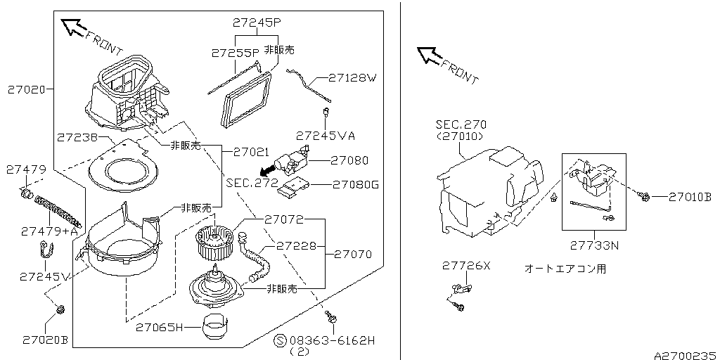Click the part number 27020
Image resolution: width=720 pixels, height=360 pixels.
[27, 90]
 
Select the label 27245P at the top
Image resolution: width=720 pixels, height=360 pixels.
[256, 22]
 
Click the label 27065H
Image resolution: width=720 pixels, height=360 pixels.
[159, 327]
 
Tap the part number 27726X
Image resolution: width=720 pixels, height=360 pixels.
[466, 266]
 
